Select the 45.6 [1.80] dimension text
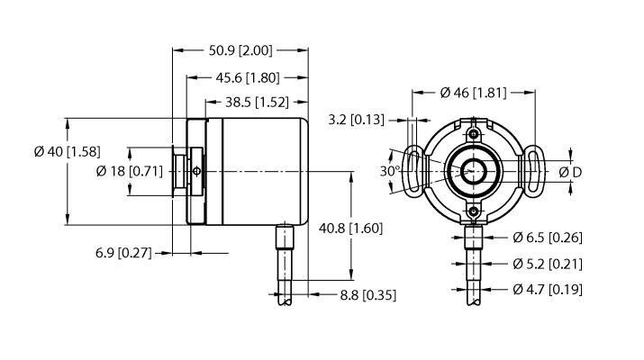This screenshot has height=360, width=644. click(246, 77)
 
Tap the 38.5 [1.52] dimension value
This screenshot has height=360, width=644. click(251, 102)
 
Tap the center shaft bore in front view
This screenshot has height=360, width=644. click(474, 170)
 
